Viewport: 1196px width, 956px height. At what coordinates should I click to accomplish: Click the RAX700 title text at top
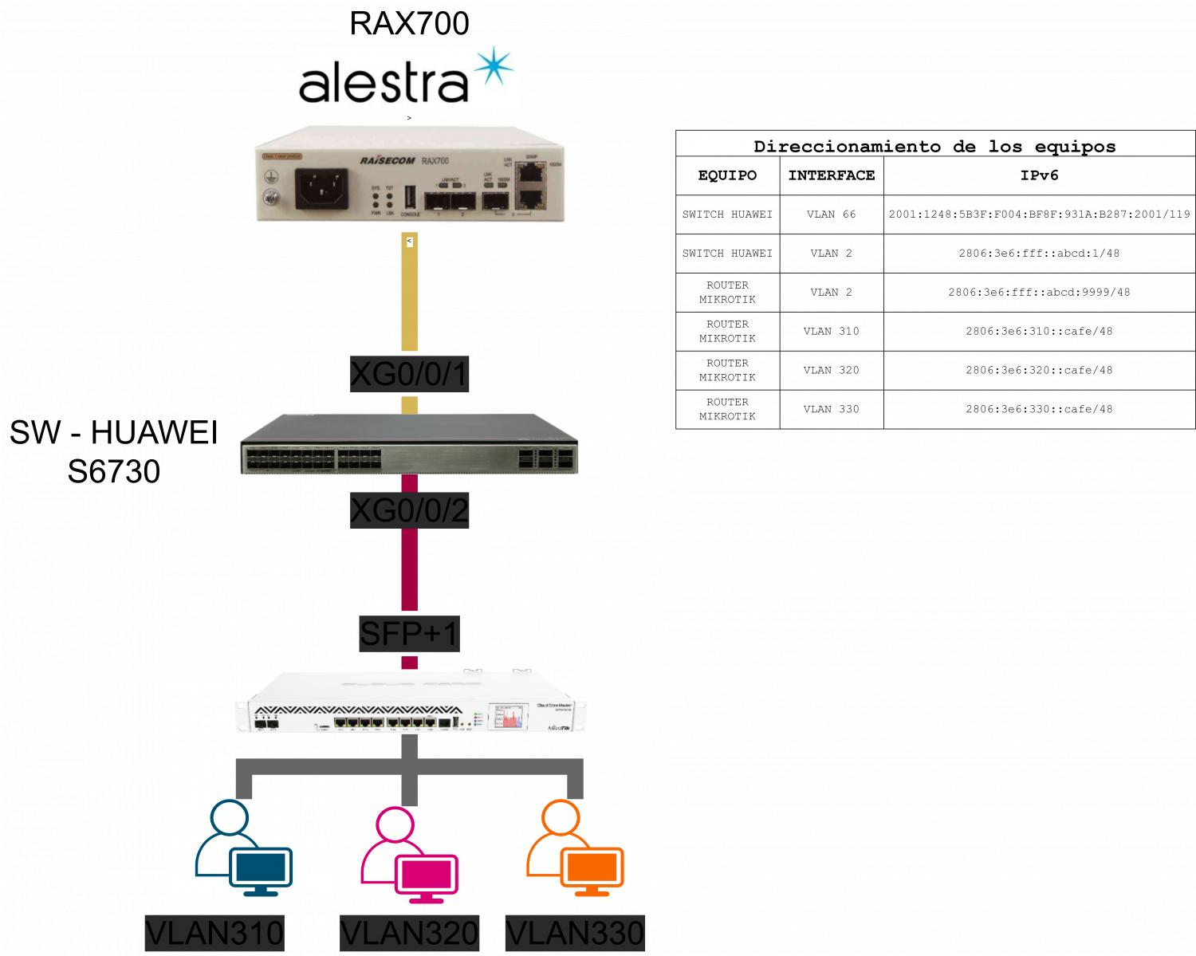pos(409,23)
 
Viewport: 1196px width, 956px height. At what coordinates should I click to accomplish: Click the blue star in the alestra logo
pos(494,67)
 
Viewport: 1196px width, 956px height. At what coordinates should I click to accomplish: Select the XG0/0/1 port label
pos(409,373)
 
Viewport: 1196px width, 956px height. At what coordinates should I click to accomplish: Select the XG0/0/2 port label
pos(409,509)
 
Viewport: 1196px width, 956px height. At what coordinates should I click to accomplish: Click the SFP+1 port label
pos(409,634)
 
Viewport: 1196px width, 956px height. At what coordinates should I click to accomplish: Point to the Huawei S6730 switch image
pos(409,443)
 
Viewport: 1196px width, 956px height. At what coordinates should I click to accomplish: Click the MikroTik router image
pos(409,704)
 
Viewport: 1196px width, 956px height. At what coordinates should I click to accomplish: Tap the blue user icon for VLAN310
pos(243,848)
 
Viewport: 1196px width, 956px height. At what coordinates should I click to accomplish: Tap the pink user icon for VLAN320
pos(409,854)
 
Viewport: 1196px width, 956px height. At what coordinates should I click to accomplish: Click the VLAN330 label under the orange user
pos(575,934)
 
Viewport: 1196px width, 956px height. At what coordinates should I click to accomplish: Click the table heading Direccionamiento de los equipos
pos(934,147)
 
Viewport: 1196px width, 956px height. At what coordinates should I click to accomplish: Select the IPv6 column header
pos(1039,175)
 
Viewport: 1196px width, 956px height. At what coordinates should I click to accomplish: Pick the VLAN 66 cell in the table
pos(832,214)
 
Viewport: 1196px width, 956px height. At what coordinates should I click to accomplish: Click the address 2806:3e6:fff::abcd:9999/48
pos(1039,292)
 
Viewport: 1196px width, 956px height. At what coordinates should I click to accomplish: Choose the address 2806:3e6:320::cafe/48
pos(1039,370)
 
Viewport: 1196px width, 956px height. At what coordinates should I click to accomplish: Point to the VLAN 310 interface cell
pos(832,331)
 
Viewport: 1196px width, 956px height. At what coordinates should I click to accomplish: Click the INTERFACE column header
pos(832,175)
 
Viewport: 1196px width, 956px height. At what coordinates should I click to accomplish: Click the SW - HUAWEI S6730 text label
pos(113,452)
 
